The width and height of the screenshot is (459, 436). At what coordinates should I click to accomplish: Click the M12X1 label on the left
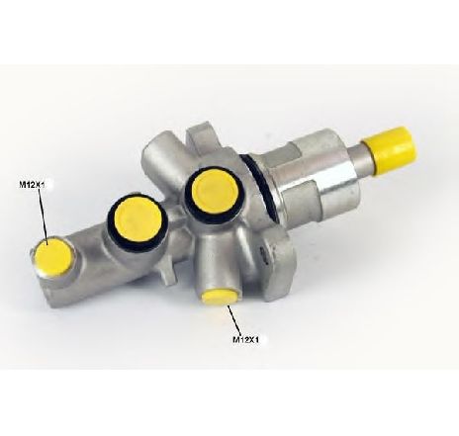point(32,185)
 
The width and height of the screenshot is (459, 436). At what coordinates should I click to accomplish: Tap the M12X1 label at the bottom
point(246,339)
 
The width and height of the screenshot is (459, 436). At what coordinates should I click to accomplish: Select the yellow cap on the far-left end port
point(53,258)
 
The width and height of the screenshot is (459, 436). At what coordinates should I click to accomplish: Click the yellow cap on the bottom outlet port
point(220,297)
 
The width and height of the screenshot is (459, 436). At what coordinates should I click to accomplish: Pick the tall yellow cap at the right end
point(389,149)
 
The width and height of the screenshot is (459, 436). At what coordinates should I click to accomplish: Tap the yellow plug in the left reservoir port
point(138,220)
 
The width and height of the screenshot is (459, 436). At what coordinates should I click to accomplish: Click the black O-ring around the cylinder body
point(259,188)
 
